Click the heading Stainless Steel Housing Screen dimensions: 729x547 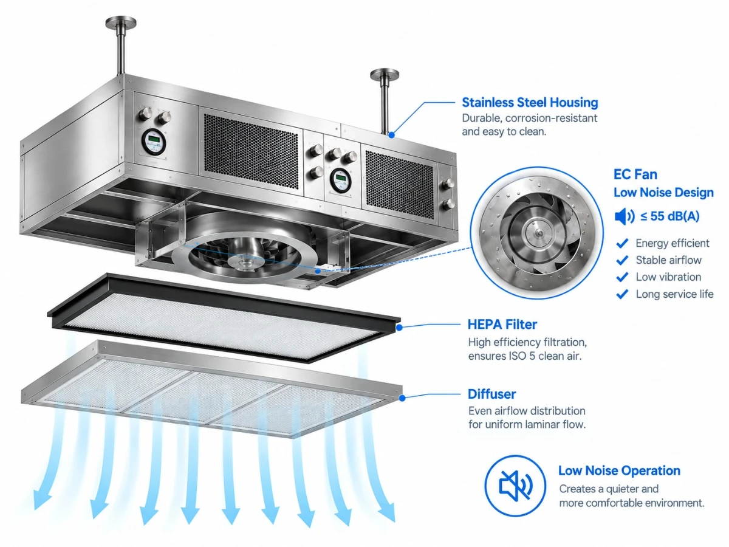point(530,103)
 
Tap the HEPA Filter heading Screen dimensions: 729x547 point(502,325)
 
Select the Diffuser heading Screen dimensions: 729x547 point(492,394)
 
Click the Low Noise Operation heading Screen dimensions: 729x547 point(619,470)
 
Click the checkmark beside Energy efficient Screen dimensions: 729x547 point(622,243)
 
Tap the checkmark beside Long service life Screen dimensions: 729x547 point(622,294)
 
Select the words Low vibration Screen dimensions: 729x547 point(668,277)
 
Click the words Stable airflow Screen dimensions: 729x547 point(669,260)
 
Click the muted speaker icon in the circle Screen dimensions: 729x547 point(515,486)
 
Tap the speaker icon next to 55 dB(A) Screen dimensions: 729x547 point(625,216)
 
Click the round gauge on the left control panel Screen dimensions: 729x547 point(154,142)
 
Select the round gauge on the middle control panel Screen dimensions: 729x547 point(340,181)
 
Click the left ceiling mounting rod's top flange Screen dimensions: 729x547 point(121,22)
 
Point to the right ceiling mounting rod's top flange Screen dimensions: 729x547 point(385,74)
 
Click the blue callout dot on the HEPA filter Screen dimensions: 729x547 point(400,328)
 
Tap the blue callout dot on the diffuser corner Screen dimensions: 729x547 point(402,398)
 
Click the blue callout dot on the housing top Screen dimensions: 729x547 point(392,135)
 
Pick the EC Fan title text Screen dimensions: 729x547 point(635,174)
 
